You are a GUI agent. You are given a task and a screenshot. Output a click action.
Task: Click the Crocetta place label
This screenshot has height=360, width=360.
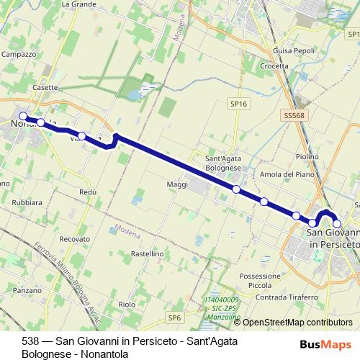274,66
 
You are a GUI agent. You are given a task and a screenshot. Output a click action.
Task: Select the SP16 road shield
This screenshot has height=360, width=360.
239,104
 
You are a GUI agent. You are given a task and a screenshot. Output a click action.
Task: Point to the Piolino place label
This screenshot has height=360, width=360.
307,156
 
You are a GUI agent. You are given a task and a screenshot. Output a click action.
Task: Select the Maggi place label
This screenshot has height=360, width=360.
177,185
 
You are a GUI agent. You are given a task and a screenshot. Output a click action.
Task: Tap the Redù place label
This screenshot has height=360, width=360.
88,192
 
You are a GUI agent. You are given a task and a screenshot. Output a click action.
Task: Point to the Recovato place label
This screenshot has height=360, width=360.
75,238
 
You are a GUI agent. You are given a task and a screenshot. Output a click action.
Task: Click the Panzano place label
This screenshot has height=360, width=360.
27,290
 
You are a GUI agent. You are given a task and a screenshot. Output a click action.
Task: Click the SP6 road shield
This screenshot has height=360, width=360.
174,317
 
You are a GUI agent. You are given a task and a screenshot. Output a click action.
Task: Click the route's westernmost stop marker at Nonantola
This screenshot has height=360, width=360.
23,116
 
